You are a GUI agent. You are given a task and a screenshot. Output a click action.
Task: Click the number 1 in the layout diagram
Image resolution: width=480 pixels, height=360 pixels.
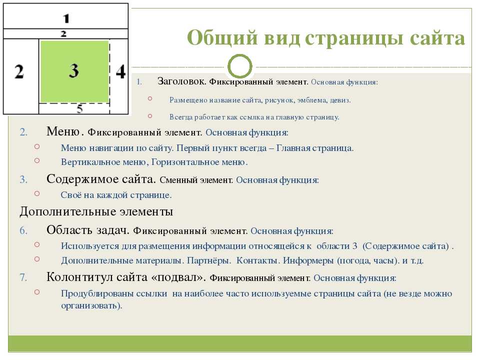[x=66, y=18]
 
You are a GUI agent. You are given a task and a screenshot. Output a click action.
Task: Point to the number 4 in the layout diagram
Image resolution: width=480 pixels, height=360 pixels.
[x=120, y=72]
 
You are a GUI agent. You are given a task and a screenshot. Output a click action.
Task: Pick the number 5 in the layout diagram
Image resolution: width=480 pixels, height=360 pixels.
[x=79, y=108]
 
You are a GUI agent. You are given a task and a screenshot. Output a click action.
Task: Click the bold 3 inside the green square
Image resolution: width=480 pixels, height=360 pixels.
[x=74, y=70]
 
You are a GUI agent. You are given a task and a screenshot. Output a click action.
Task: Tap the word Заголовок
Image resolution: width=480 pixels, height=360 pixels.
[x=182, y=81]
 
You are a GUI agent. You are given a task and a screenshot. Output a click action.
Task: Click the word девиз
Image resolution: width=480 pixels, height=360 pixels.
[x=340, y=100]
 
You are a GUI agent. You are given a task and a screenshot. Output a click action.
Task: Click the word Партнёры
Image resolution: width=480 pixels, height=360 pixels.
[x=209, y=260]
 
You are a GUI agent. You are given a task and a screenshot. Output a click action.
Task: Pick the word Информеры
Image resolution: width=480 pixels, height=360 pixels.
[x=308, y=260]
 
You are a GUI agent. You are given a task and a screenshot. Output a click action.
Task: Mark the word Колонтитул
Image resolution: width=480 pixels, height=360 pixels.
[x=79, y=277]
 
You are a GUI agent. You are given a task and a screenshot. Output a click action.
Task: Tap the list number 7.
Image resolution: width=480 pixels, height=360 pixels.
[x=23, y=277]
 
